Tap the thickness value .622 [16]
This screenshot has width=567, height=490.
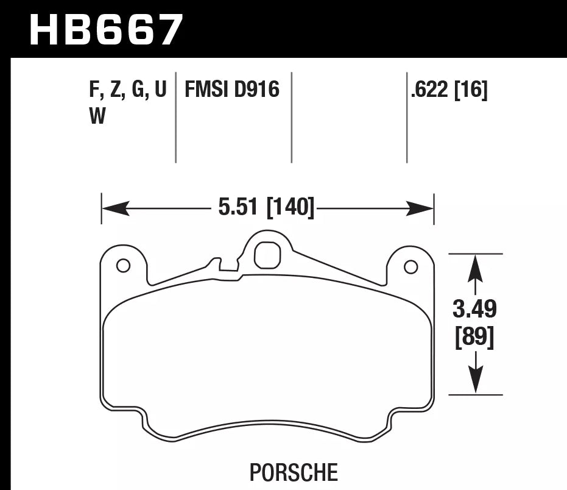pyautogui.click(x=449, y=90)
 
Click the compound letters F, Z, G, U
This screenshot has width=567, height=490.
pyautogui.click(x=127, y=90)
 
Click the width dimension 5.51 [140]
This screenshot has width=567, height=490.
pyautogui.click(x=266, y=208)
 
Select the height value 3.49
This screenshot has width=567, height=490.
pyautogui.click(x=475, y=310)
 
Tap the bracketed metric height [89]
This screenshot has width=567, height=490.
pyautogui.click(x=475, y=336)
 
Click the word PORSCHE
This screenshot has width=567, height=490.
pyautogui.click(x=294, y=472)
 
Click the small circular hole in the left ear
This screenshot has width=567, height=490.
pyautogui.click(x=123, y=266)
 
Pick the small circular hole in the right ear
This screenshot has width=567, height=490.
pyautogui.click(x=411, y=266)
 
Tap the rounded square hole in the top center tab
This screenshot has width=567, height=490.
pyautogui.click(x=266, y=255)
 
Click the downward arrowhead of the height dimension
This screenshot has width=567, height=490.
pyautogui.click(x=475, y=381)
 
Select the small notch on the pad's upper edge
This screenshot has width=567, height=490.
pyautogui.click(x=227, y=269)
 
